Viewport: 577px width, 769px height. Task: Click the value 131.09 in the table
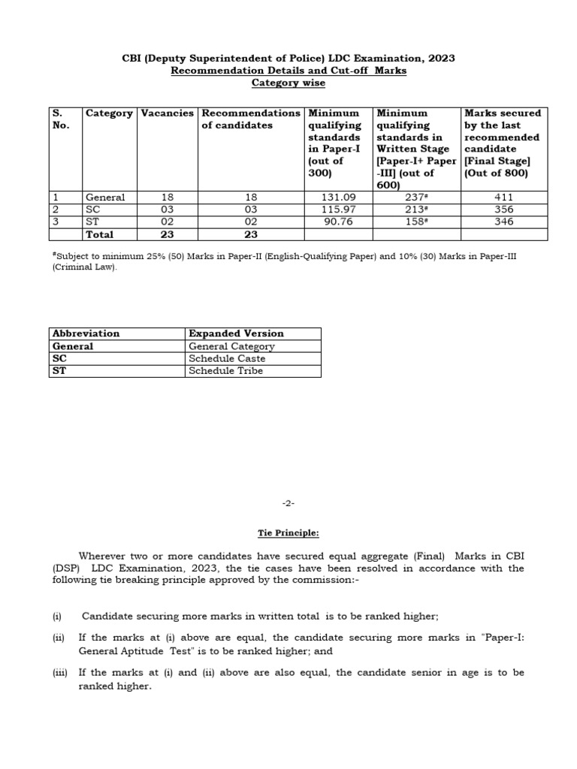pyautogui.click(x=336, y=198)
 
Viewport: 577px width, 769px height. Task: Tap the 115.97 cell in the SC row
pyautogui.click(x=336, y=210)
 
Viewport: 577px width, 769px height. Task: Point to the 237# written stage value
pyautogui.click(x=418, y=198)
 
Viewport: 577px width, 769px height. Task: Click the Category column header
pyautogui.click(x=109, y=113)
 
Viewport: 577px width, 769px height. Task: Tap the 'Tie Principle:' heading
pyautogui.click(x=288, y=533)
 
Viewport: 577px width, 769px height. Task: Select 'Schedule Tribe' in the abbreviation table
pyautogui.click(x=225, y=371)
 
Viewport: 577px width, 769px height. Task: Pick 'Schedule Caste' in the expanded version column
pyautogui.click(x=227, y=359)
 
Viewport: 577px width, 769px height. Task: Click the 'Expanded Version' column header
pyautogui.click(x=236, y=333)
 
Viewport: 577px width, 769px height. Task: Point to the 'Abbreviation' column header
pyautogui.click(x=86, y=333)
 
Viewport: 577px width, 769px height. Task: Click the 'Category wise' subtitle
pyautogui.click(x=288, y=83)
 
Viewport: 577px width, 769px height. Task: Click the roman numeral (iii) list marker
pyautogui.click(x=60, y=673)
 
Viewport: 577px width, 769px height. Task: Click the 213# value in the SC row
pyautogui.click(x=418, y=210)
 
